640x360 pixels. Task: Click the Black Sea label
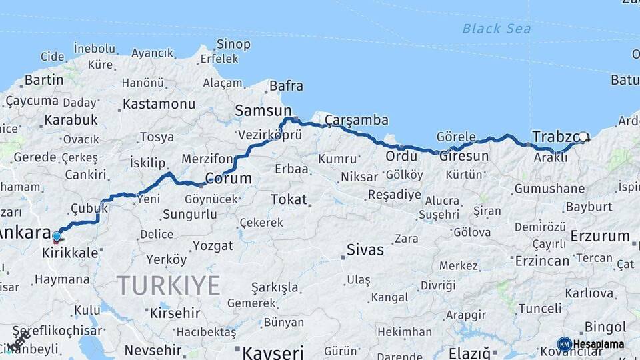click(x=497, y=28)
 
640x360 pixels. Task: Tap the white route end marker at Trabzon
click(x=583, y=137)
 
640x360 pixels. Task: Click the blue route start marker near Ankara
click(x=57, y=236)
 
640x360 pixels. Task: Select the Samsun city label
click(x=263, y=111)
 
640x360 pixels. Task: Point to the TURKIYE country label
click(x=169, y=285)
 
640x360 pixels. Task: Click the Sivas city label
click(x=365, y=250)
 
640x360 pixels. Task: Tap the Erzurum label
click(x=600, y=236)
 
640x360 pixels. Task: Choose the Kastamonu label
click(x=159, y=104)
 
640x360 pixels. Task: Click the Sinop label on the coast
click(x=233, y=44)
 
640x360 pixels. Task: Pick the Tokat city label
click(x=289, y=199)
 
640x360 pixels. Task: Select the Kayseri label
click(x=273, y=351)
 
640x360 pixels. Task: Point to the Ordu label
click(x=401, y=156)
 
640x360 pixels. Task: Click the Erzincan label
click(x=542, y=261)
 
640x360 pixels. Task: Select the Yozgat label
click(x=213, y=246)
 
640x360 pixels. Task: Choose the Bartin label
click(x=43, y=81)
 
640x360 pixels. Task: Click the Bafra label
click(x=286, y=86)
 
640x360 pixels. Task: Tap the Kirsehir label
click(x=175, y=313)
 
